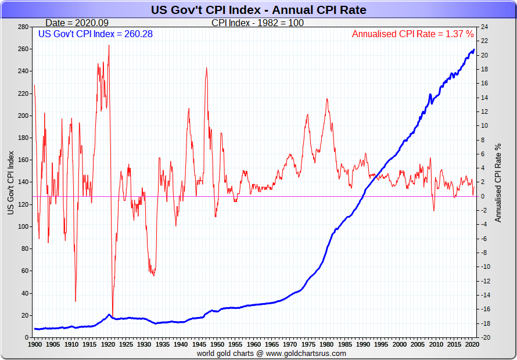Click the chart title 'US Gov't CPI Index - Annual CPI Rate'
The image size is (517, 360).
point(258,10)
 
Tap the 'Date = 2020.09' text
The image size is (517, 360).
point(76,23)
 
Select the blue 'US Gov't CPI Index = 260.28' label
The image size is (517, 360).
point(95,34)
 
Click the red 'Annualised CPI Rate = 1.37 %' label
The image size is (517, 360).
point(412,34)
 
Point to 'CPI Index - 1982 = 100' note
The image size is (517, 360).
point(257,23)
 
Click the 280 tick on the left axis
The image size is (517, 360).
point(23,27)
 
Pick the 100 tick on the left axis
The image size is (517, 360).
point(23,226)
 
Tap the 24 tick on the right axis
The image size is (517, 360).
point(483,27)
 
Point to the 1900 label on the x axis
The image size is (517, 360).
point(35,345)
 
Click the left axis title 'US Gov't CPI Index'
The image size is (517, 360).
point(10,182)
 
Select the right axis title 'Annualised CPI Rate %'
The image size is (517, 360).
point(497,182)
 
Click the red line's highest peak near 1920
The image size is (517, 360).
point(109,45)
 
